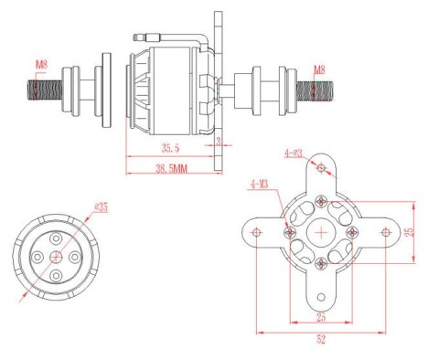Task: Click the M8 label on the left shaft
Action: pos(42,65)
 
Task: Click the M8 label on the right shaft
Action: pos(319,69)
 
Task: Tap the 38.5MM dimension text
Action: pos(171,169)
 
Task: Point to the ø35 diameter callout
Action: pos(100,207)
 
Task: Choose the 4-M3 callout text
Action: pos(258,184)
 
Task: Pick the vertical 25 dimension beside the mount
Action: pos(410,232)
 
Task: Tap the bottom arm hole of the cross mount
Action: pos(320,298)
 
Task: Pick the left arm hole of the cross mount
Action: pos(257,233)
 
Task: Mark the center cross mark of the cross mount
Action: pos(320,233)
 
